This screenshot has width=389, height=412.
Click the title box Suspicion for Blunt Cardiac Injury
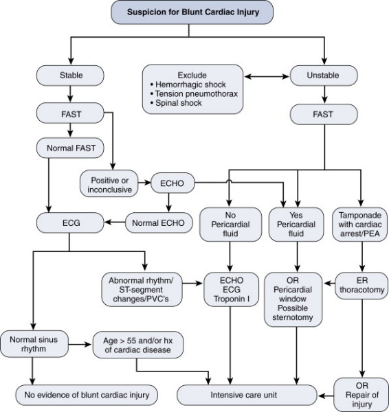[192, 12]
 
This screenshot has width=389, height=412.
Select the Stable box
[70, 76]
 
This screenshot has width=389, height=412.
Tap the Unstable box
[324, 76]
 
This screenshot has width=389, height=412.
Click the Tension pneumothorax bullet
[194, 94]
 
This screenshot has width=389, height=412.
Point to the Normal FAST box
[70, 148]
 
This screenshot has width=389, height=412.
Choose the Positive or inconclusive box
[109, 185]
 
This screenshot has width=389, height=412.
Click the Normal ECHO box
[159, 222]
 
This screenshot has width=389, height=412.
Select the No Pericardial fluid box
[231, 225]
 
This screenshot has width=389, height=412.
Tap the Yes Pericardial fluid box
[296, 225]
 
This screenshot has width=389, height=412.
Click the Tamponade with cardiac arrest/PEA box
[360, 225]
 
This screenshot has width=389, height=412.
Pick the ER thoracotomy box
[362, 286]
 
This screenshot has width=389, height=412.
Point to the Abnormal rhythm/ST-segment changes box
[142, 290]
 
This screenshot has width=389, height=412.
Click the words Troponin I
[232, 299]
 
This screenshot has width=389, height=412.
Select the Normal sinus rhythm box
[34, 344]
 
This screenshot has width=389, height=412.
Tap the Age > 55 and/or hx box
[138, 345]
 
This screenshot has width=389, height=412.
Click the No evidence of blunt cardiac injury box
[87, 395]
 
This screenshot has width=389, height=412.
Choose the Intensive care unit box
[247, 395]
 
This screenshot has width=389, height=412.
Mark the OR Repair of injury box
[362, 395]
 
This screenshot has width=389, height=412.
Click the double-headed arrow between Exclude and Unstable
[267, 76]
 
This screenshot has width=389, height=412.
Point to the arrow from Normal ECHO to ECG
[115, 222]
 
